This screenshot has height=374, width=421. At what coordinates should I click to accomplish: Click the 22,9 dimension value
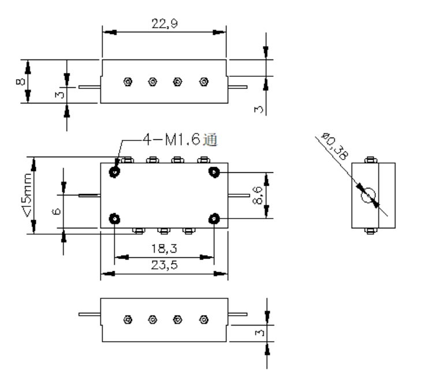165,23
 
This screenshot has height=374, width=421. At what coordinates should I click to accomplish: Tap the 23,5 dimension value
165,265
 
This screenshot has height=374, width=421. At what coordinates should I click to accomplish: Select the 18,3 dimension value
165,249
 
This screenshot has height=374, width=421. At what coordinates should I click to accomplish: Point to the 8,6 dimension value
258,195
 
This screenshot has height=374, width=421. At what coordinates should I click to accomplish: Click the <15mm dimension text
28,195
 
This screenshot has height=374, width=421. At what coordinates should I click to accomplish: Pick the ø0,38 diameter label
336,146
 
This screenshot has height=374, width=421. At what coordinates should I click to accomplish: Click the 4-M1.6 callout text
172,139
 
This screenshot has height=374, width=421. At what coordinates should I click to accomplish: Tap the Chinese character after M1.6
210,140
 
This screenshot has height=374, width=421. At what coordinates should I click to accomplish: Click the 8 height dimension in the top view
20,82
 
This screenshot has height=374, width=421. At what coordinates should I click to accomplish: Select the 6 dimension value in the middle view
56,212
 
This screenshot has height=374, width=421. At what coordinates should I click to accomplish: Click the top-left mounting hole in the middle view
115,172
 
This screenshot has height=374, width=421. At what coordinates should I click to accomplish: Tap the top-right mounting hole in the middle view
214,172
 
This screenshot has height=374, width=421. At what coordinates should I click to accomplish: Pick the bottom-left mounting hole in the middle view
115,219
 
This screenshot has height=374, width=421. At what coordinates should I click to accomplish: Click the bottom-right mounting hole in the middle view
214,219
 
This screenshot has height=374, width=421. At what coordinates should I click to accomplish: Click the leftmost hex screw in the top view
128,82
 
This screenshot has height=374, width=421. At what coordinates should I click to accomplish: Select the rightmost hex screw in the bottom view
204,320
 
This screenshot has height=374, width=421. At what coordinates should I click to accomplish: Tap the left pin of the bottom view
90,314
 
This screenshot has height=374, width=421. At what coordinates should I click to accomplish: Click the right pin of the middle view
239,195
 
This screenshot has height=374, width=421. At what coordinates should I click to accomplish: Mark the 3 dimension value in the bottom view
259,333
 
